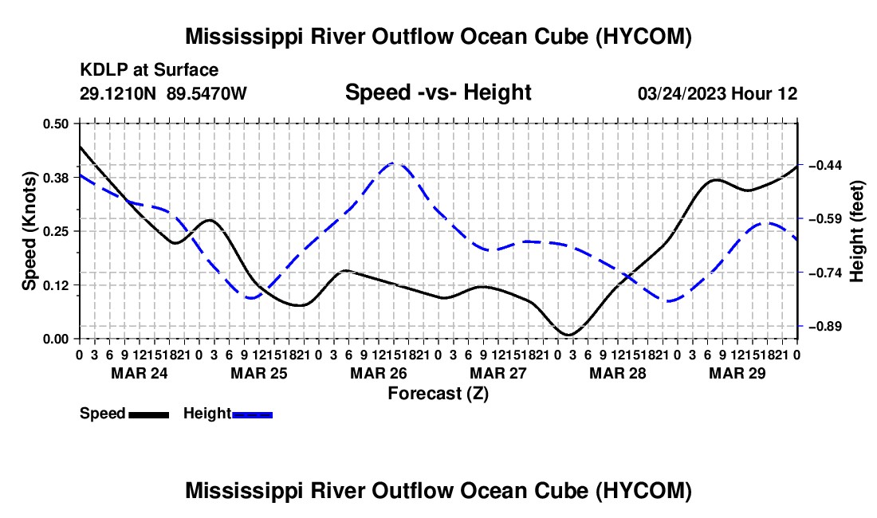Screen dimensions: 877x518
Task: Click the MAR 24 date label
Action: point(140,373)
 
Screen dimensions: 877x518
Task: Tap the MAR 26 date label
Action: point(379,373)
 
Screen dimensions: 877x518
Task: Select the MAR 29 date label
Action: point(737,373)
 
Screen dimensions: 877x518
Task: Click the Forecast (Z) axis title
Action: point(438,394)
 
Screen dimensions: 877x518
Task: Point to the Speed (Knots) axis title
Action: point(29,231)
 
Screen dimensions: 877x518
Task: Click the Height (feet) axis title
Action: point(856,231)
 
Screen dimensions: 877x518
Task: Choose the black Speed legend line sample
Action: point(149,415)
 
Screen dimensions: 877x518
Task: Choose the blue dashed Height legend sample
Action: point(252,415)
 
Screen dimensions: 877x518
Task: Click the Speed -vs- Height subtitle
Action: point(438,92)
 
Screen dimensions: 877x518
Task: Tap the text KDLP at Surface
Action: point(149,70)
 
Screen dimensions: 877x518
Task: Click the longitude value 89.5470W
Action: point(206,93)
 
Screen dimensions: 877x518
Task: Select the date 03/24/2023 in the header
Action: point(681,93)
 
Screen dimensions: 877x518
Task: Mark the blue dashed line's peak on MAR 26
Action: point(395,163)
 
